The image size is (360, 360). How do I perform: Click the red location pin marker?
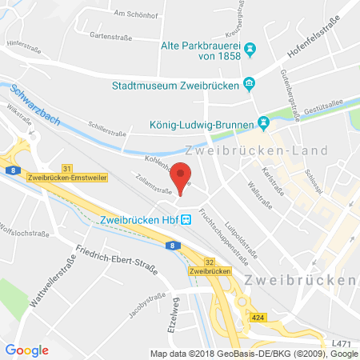182,177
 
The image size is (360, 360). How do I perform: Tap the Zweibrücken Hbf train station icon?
186,219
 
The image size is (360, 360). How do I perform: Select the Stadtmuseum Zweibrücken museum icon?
250,82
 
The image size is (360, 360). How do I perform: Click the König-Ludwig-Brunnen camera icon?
262,123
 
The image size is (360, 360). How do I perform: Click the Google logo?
27,349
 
